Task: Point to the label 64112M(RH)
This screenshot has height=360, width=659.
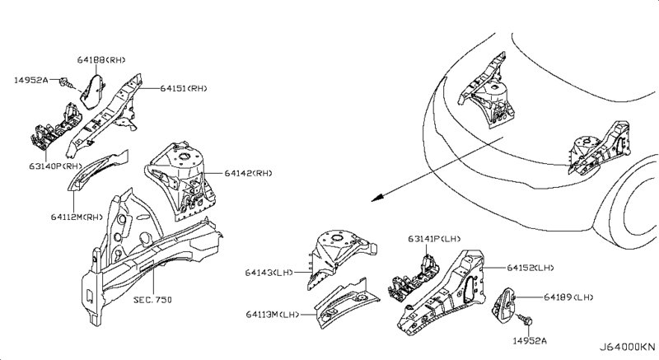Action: click(x=76, y=217)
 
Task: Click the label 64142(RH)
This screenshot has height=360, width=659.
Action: click(x=248, y=173)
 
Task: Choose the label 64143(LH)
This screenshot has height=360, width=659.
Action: click(x=269, y=273)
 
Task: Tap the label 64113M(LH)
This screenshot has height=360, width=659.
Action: click(x=271, y=314)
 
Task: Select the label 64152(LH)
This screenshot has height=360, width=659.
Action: click(x=530, y=268)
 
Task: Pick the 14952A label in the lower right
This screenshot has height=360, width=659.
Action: click(x=529, y=339)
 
